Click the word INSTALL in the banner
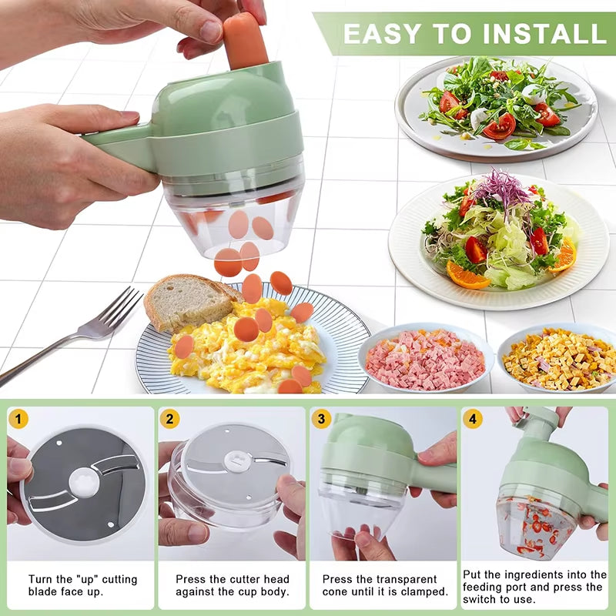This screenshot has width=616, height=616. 531,33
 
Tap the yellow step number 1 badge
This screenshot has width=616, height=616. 19,420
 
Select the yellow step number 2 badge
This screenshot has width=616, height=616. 170,420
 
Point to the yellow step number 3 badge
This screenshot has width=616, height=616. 322,420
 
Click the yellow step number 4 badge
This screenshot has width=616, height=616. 473,420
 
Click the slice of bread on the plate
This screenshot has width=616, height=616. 185,300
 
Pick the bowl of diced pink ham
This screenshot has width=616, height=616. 425,359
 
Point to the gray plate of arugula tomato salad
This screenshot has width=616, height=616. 497,108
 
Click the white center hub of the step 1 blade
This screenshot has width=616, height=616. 83,483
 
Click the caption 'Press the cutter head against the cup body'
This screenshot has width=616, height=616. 232,585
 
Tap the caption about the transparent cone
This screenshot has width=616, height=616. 384,585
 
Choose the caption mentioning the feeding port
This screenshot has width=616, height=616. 535,587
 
